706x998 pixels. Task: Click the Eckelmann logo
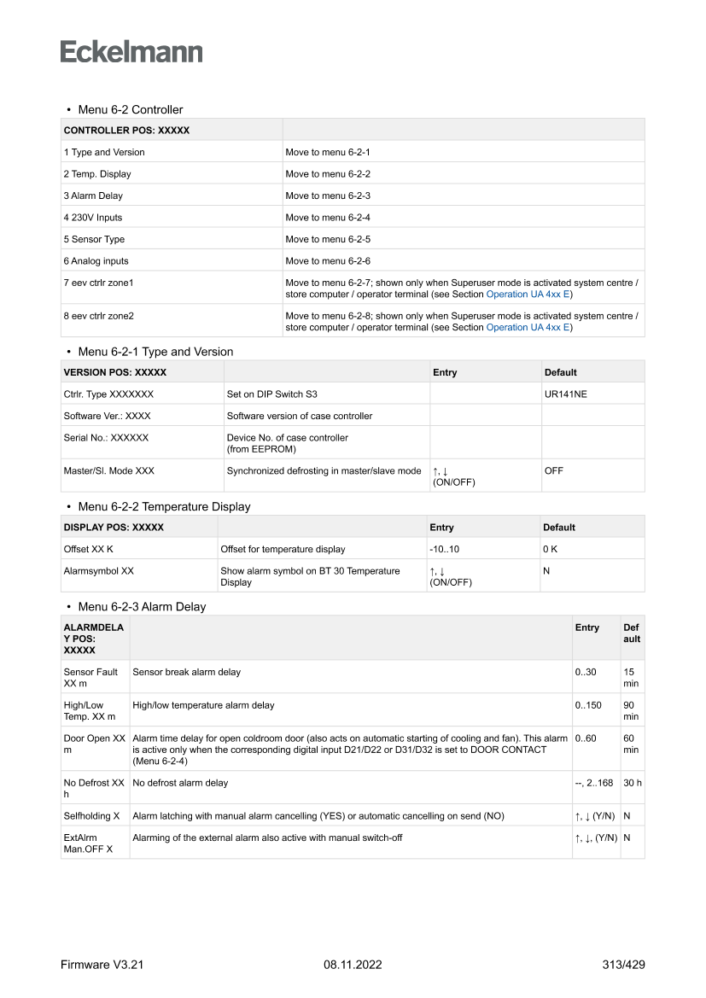(x=131, y=52)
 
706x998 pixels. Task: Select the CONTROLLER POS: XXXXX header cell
(x=126, y=131)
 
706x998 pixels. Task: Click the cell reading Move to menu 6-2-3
(x=328, y=196)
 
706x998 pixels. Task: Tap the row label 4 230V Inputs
(x=93, y=218)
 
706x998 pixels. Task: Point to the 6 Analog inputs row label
(x=96, y=261)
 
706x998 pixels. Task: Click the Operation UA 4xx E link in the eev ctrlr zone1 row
(x=529, y=295)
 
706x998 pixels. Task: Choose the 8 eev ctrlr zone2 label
(x=98, y=316)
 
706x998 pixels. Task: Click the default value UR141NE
(x=565, y=394)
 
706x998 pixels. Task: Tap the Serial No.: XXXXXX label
(x=106, y=438)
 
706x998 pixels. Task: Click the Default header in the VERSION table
(x=560, y=372)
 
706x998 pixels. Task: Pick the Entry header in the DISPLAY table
(x=442, y=528)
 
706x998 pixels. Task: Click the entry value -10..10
(x=445, y=549)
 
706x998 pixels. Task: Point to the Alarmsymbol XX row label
(x=98, y=571)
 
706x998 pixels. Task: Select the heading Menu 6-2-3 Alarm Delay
(x=142, y=607)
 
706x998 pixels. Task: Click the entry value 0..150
(x=588, y=705)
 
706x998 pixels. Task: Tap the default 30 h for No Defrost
(x=633, y=783)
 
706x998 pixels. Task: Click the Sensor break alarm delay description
(x=186, y=672)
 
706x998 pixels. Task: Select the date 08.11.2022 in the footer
(x=353, y=965)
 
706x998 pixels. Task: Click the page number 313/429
(x=622, y=965)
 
